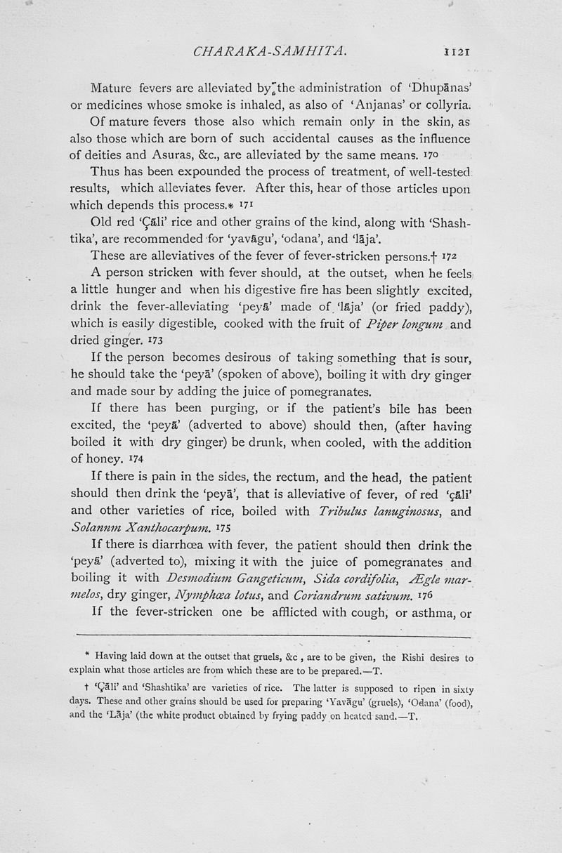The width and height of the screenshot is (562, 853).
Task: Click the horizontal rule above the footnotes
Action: [x=273, y=637]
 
